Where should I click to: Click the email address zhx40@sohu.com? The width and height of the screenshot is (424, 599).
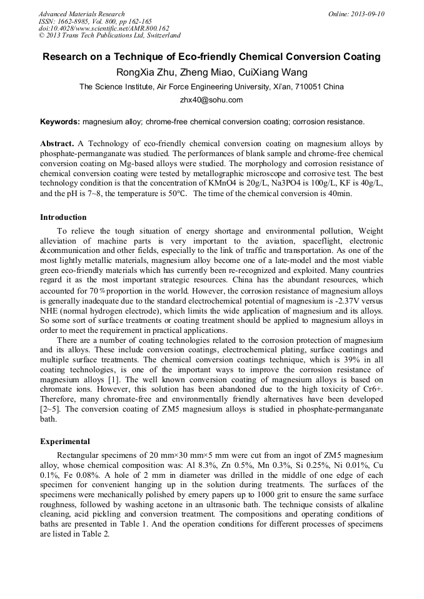(x=211, y=100)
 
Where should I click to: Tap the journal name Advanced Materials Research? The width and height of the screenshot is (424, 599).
(x=82, y=14)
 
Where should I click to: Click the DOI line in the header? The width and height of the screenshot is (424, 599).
(x=104, y=28)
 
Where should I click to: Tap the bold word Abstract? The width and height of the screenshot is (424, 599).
(x=58, y=144)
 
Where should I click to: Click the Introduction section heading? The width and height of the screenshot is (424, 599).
(x=63, y=217)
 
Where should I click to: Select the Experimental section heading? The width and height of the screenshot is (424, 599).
(x=65, y=442)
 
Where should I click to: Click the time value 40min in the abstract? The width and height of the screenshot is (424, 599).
(x=338, y=194)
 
